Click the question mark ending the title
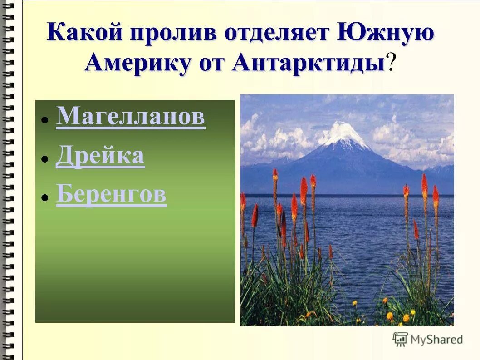pyautogui.click(x=391, y=63)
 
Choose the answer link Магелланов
pyautogui.click(x=130, y=117)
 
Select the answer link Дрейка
pyautogui.click(x=100, y=156)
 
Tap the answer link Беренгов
pyautogui.click(x=111, y=195)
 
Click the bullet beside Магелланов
pyautogui.click(x=45, y=120)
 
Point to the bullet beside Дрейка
pyautogui.click(x=45, y=159)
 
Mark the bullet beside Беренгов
pyautogui.click(x=45, y=198)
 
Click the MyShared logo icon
pyautogui.click(x=400, y=339)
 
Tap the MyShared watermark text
pyautogui.click(x=436, y=340)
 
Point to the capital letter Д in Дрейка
pyautogui.click(x=64, y=157)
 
